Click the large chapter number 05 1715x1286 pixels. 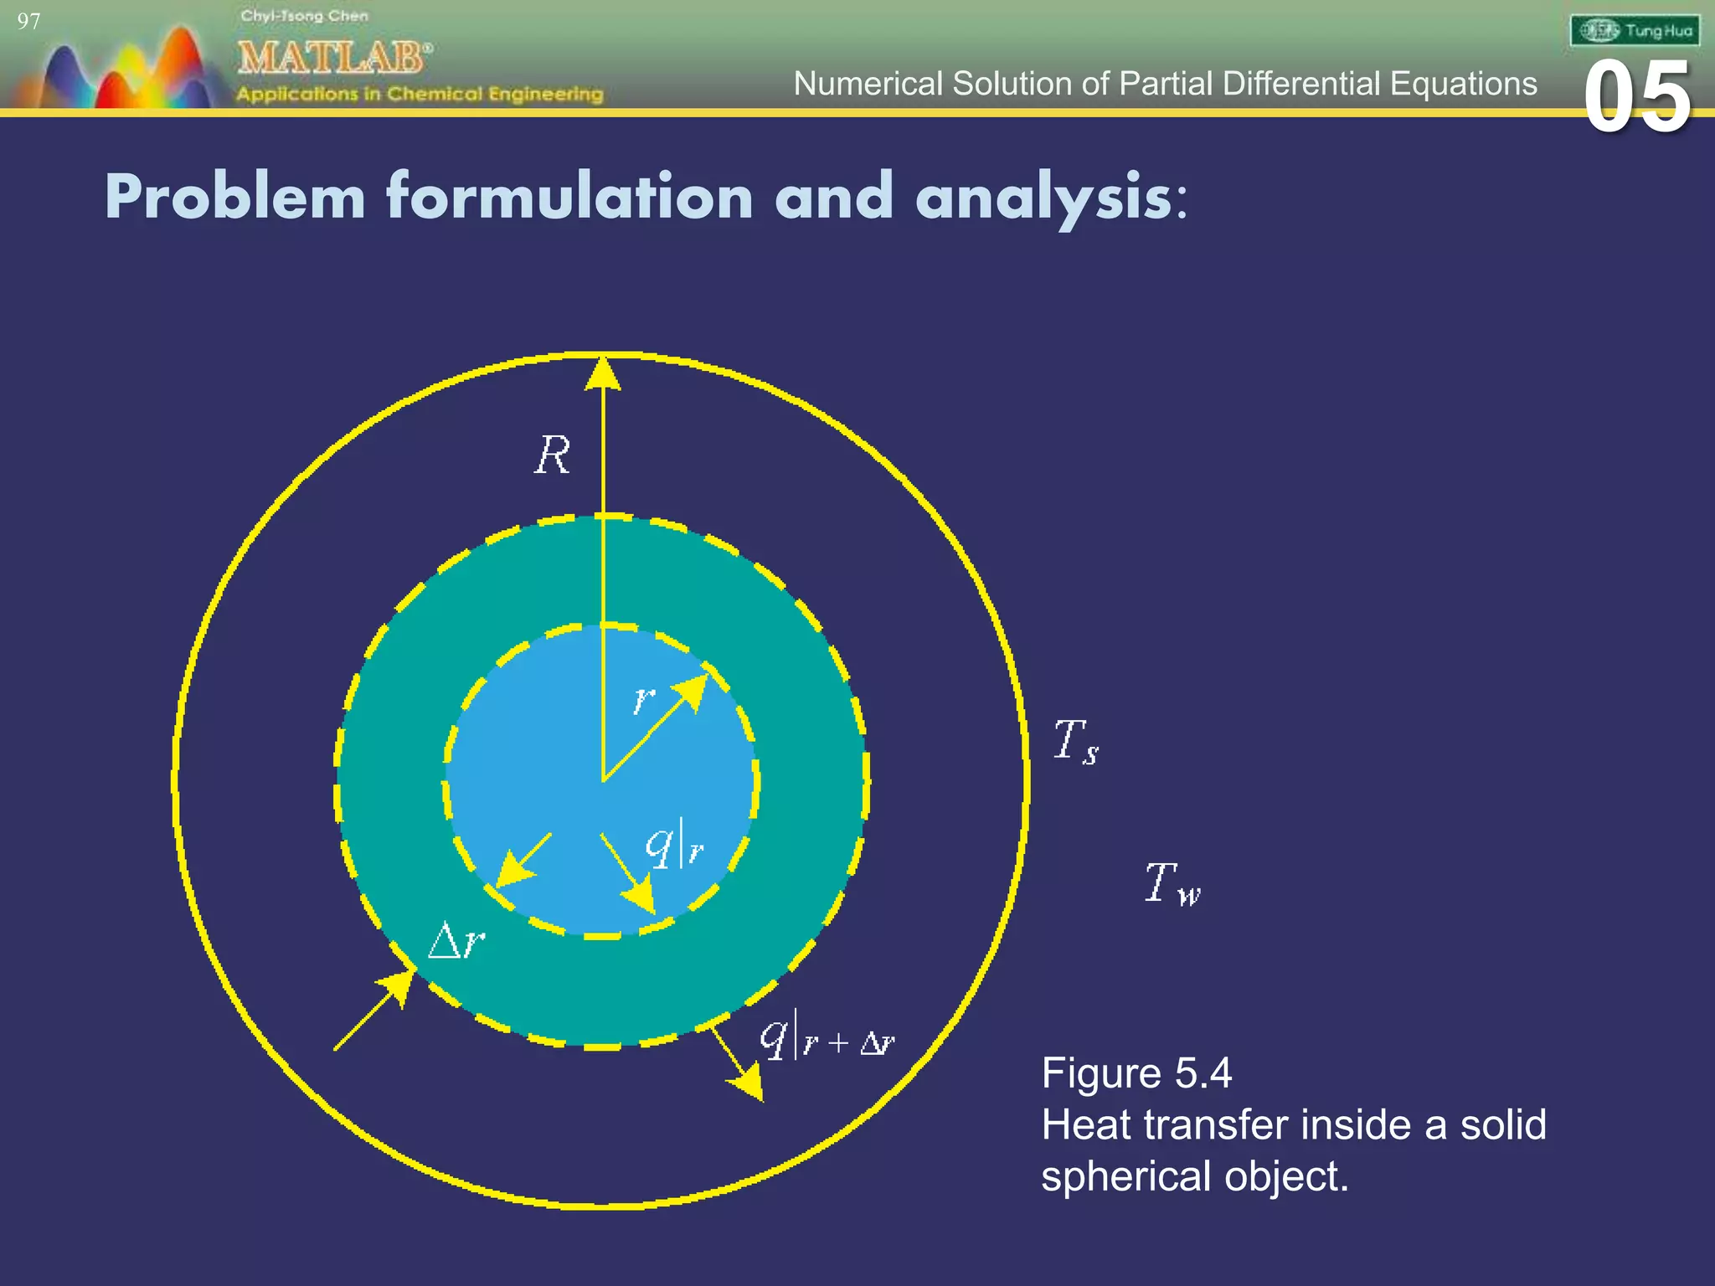(1637, 98)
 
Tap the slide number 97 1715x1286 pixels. (28, 22)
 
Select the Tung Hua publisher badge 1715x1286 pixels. (1634, 31)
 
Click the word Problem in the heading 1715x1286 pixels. (235, 198)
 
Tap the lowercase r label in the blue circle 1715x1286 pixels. (643, 698)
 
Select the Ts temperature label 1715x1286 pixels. (1075, 742)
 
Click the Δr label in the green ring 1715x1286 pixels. (456, 943)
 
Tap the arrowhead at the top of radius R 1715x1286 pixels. (603, 373)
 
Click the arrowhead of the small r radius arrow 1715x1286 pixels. (694, 690)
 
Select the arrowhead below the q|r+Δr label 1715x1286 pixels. (748, 1086)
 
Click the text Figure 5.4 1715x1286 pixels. (1136, 1073)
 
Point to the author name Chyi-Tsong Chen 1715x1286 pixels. (304, 16)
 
